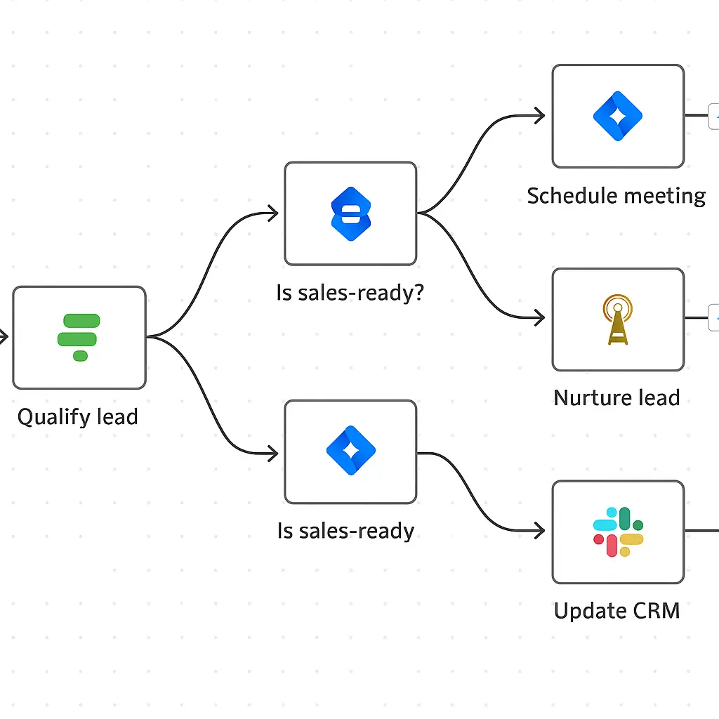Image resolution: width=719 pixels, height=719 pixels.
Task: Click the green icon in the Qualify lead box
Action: (79, 338)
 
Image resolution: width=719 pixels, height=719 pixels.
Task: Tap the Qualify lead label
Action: (77, 417)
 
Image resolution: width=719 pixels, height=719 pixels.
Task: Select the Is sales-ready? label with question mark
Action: (350, 293)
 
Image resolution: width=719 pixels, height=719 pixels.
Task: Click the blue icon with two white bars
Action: (350, 214)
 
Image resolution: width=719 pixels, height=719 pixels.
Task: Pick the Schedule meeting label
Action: (616, 196)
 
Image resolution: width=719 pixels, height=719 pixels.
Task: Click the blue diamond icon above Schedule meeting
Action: (618, 117)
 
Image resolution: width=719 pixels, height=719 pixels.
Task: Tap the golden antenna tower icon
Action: (617, 319)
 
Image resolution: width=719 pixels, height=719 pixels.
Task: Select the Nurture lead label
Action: (616, 398)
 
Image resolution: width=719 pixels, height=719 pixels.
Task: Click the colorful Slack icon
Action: (618, 532)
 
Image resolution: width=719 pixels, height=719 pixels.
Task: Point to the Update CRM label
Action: (616, 611)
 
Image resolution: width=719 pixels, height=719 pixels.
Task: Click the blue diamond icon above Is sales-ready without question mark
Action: (350, 451)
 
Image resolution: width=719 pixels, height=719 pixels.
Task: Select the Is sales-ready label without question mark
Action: (345, 531)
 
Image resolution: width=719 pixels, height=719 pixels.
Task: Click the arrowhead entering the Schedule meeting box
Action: (540, 117)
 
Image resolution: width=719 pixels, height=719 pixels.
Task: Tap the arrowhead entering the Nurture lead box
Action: (540, 318)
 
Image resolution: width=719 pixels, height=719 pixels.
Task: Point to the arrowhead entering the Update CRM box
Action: (540, 532)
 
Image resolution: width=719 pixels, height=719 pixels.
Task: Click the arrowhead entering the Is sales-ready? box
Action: (272, 213)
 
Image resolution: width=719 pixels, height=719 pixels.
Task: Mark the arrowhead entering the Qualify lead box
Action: (4, 338)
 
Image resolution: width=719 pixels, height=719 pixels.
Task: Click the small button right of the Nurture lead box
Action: (713, 317)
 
